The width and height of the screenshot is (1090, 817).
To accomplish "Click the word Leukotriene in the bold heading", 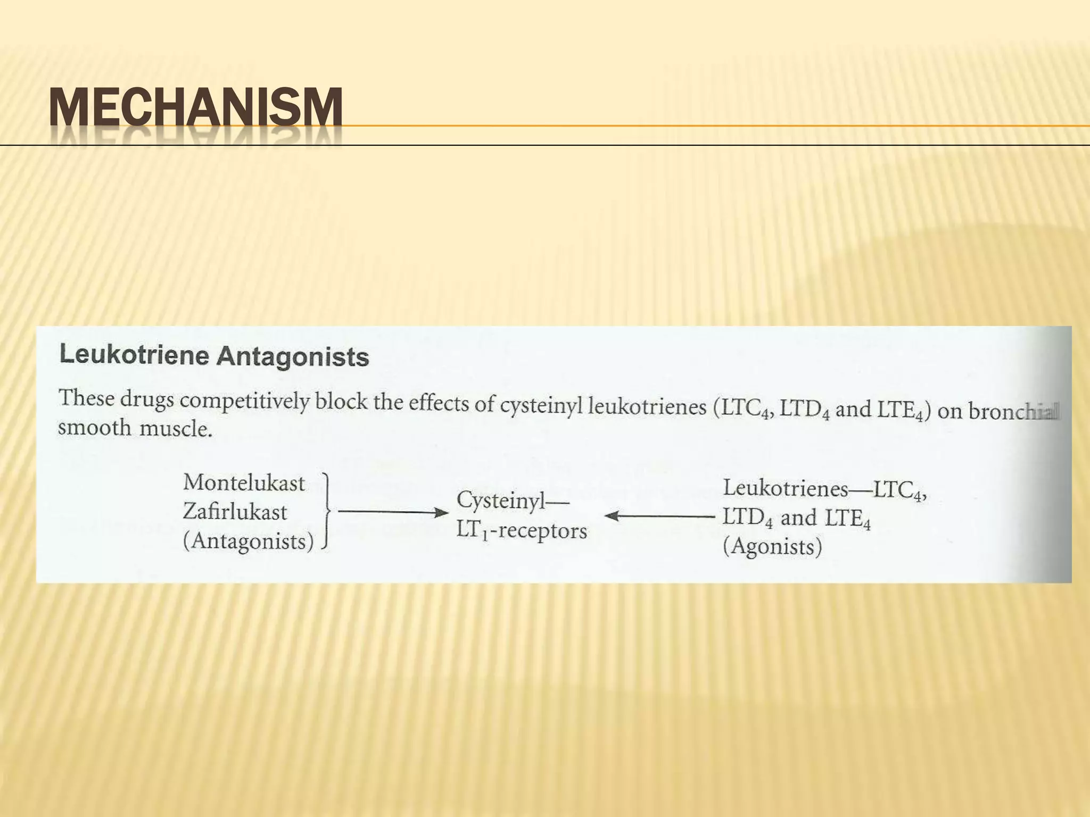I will [x=134, y=355].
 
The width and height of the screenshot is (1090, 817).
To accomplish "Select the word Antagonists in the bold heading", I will [x=292, y=357].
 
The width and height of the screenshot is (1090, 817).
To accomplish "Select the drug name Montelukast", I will [x=244, y=483].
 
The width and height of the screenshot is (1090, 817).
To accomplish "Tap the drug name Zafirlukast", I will [x=235, y=512].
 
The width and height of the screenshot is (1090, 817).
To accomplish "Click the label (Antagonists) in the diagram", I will [x=248, y=541].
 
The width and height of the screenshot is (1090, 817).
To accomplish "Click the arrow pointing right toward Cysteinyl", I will [x=393, y=513].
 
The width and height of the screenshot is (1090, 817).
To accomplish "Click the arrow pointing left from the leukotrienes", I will [x=659, y=515].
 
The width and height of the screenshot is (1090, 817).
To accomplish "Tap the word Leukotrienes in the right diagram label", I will [x=785, y=488].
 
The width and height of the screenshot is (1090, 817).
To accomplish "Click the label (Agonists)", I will [x=772, y=547].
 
